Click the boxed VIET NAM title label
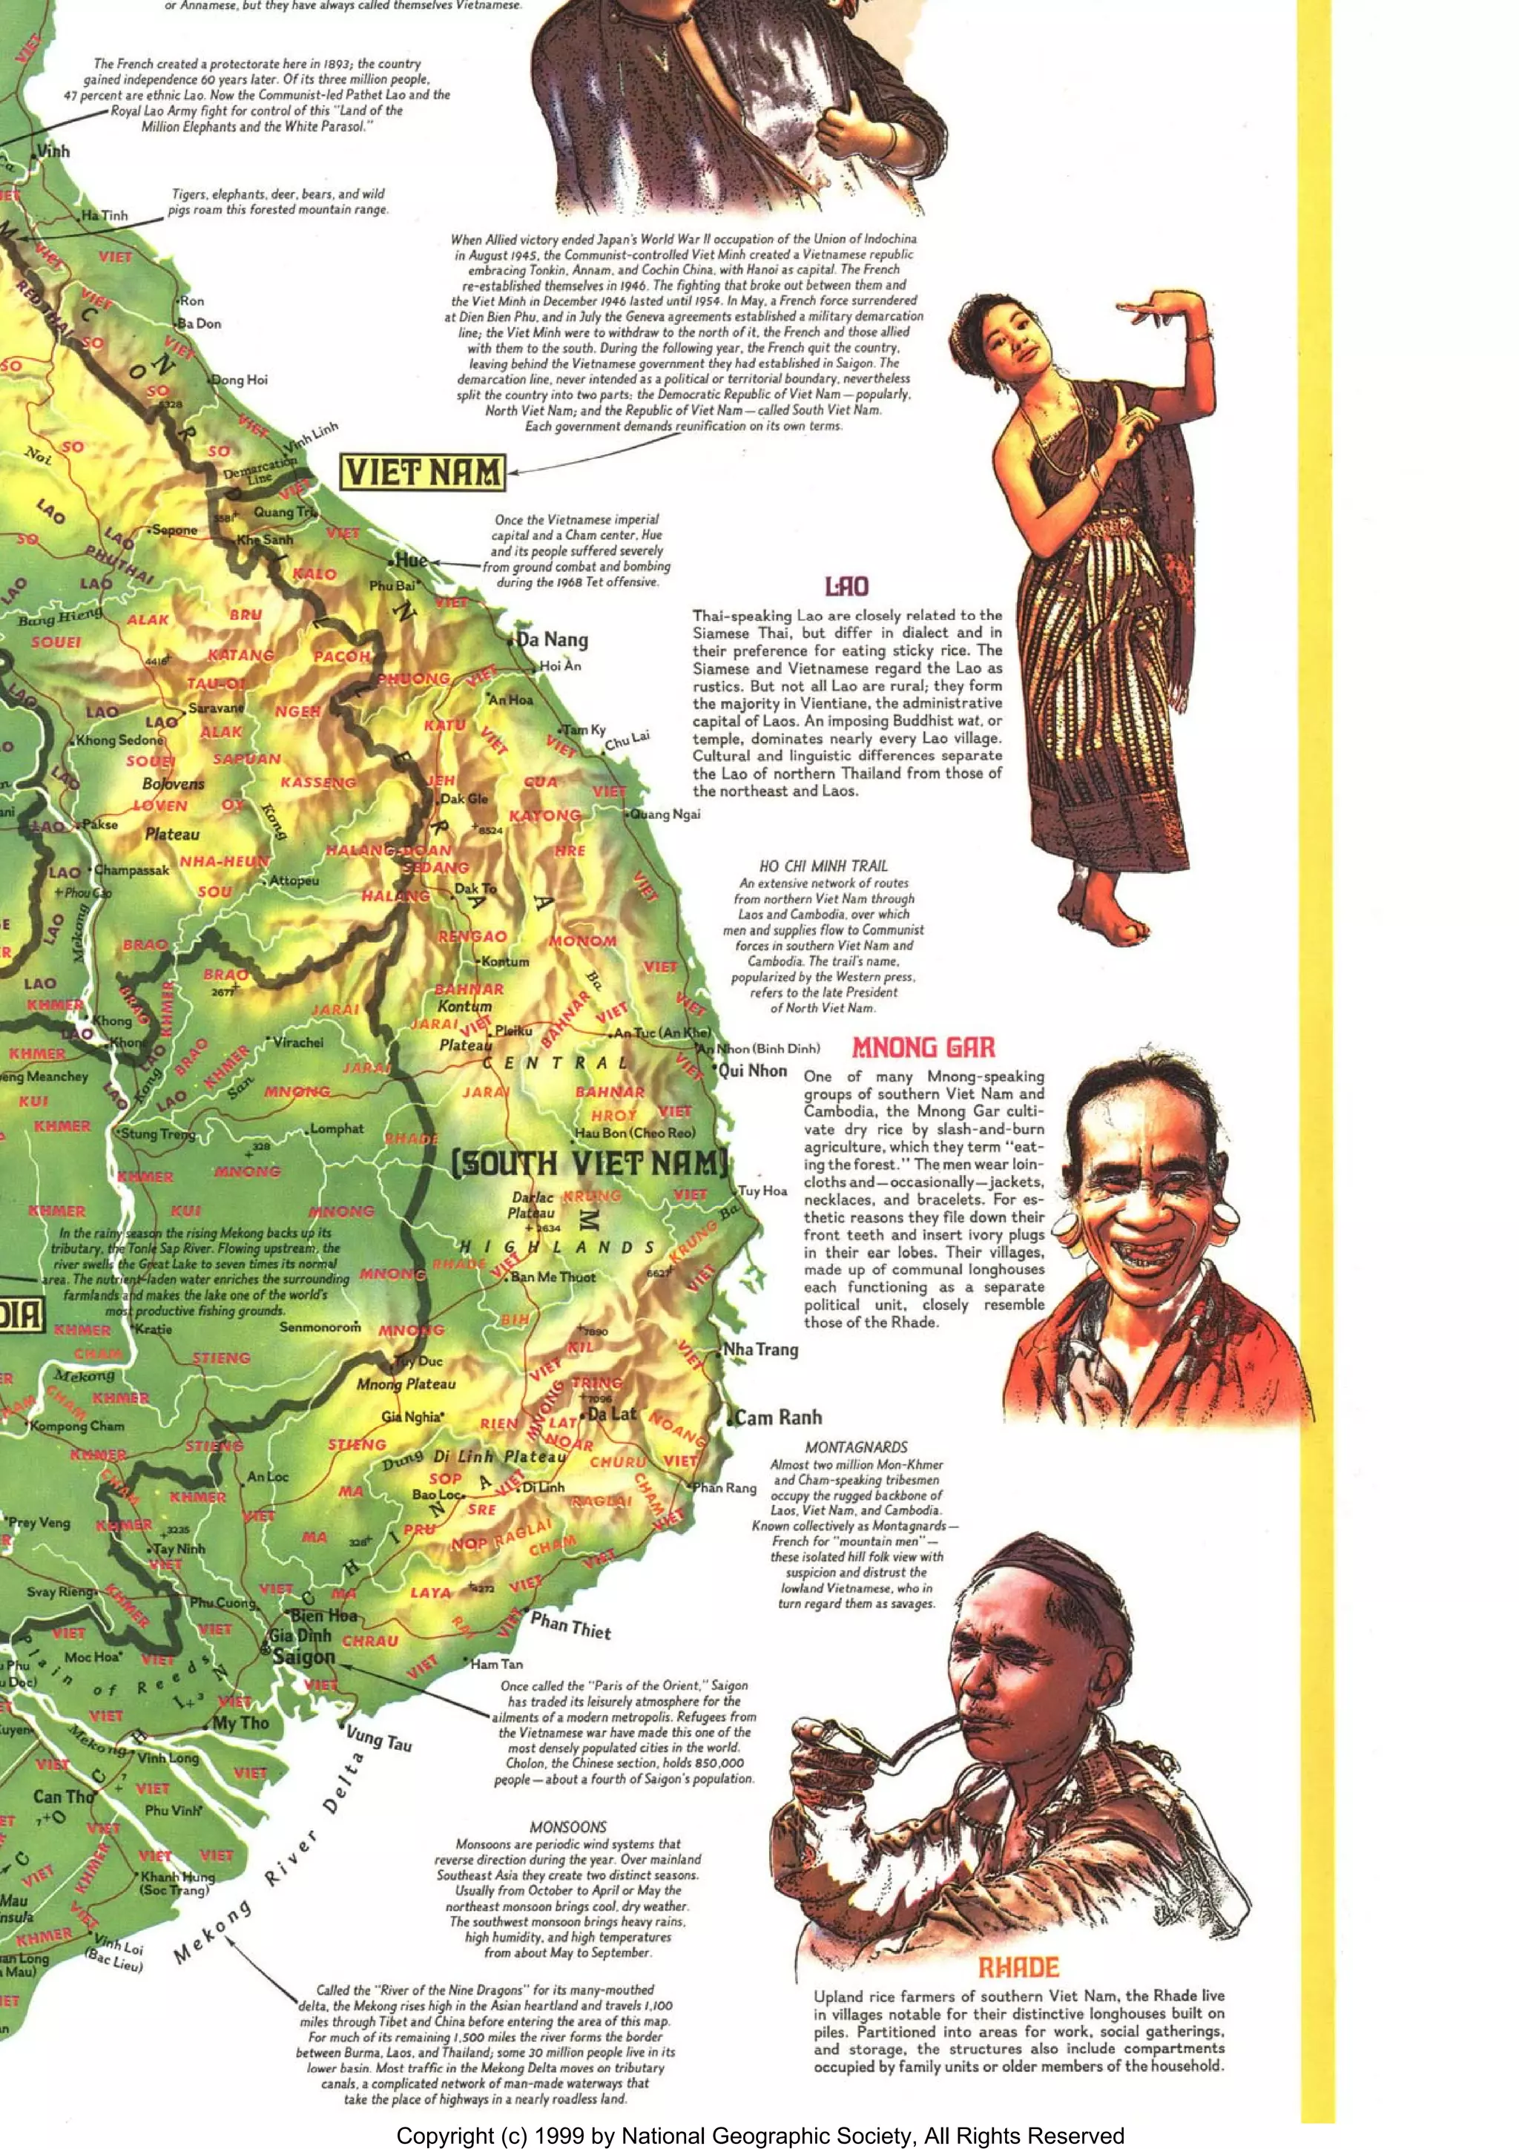click(423, 473)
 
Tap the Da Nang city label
click(553, 640)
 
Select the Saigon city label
click(303, 1656)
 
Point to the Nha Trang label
click(761, 1349)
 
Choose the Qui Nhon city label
click(754, 1070)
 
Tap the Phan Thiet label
click(571, 1627)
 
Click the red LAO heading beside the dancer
click(846, 587)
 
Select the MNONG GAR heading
click(923, 1047)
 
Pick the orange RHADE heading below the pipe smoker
click(1018, 1968)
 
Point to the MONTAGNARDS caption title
click(857, 1447)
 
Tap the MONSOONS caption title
click(568, 1826)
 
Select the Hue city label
click(411, 561)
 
